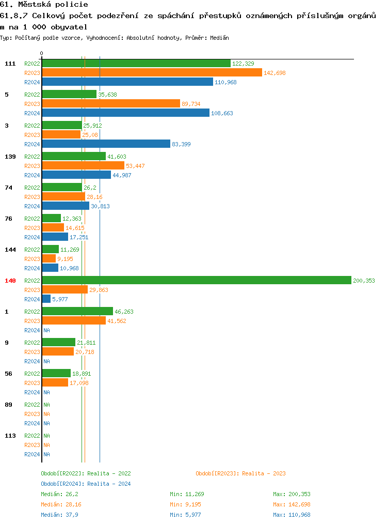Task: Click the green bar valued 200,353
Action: (196, 280)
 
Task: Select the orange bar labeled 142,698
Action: (152, 72)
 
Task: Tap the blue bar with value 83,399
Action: (106, 144)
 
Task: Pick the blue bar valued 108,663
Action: (125, 113)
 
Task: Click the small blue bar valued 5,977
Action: (46, 299)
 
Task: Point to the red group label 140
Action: (10, 281)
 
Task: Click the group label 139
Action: (10, 157)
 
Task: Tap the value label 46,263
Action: (124, 312)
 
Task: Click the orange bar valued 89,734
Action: (111, 103)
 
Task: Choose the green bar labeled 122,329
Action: (136, 63)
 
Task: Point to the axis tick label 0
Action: (42, 54)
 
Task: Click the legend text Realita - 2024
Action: (109, 484)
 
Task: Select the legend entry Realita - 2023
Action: (264, 473)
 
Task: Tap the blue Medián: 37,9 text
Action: (60, 515)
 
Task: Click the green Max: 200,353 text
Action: (292, 494)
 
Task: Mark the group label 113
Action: (10, 436)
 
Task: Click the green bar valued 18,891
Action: (56, 373)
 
